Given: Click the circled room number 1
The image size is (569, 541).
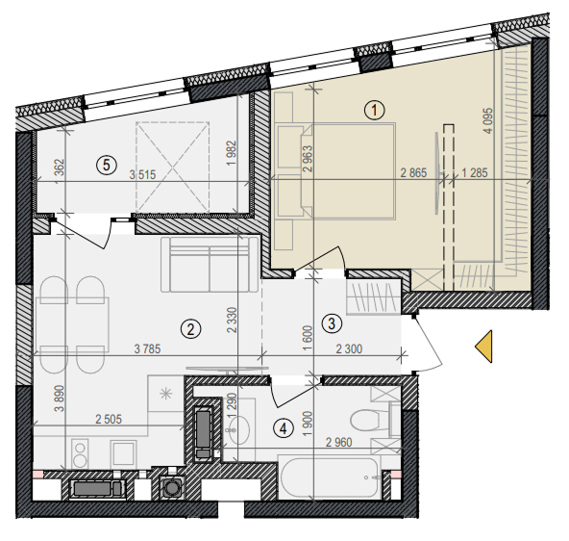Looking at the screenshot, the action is [x=375, y=110].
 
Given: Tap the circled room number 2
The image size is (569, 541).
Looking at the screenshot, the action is [x=190, y=329].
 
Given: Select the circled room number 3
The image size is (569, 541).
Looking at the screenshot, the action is [x=332, y=323].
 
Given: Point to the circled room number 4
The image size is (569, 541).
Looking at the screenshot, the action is [x=284, y=428].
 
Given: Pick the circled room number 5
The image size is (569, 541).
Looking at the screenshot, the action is [x=107, y=166].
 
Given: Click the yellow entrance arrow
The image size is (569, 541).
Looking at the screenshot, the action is [x=483, y=347].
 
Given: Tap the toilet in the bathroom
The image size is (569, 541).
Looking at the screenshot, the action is [x=370, y=420].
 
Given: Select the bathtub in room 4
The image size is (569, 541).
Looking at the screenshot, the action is [x=330, y=477].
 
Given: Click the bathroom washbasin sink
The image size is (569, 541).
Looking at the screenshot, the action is [x=238, y=429].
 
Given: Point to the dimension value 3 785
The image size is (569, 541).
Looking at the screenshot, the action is [x=147, y=348].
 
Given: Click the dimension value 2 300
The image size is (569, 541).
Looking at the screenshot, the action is [x=349, y=348].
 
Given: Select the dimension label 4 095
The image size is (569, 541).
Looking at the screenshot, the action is [x=489, y=120].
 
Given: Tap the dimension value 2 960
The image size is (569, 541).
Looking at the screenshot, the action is [x=339, y=442].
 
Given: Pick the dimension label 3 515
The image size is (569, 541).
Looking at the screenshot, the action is [x=142, y=175].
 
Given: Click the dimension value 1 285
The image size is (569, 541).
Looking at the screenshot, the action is [x=475, y=173].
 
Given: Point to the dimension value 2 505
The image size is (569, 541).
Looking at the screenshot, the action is [x=109, y=420].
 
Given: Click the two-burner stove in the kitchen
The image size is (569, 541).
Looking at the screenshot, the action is [x=80, y=453].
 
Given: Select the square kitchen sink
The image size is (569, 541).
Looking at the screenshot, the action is [x=123, y=452].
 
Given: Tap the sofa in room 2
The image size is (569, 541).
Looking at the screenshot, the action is [x=210, y=264].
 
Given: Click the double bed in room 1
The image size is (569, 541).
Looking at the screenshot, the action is [x=348, y=171].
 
